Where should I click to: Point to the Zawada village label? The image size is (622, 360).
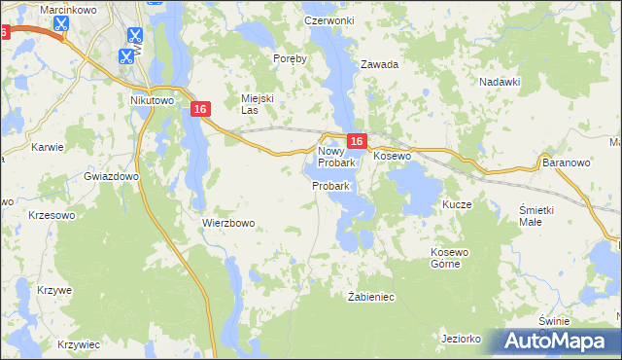(x=380, y=65)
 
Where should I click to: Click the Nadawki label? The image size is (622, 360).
(x=501, y=82)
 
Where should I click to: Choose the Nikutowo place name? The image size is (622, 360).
(x=151, y=99)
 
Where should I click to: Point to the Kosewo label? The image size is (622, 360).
(x=393, y=156)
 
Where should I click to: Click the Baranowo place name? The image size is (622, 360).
(x=567, y=162)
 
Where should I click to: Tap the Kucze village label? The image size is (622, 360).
(x=457, y=205)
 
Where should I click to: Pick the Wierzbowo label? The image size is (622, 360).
(x=228, y=223)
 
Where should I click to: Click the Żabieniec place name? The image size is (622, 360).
(x=370, y=296)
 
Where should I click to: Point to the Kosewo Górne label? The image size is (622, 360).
(x=450, y=258)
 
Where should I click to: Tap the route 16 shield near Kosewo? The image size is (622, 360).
(x=356, y=142)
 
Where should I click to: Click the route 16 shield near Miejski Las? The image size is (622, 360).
(x=200, y=110)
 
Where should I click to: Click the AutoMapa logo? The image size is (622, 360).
(x=558, y=341)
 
